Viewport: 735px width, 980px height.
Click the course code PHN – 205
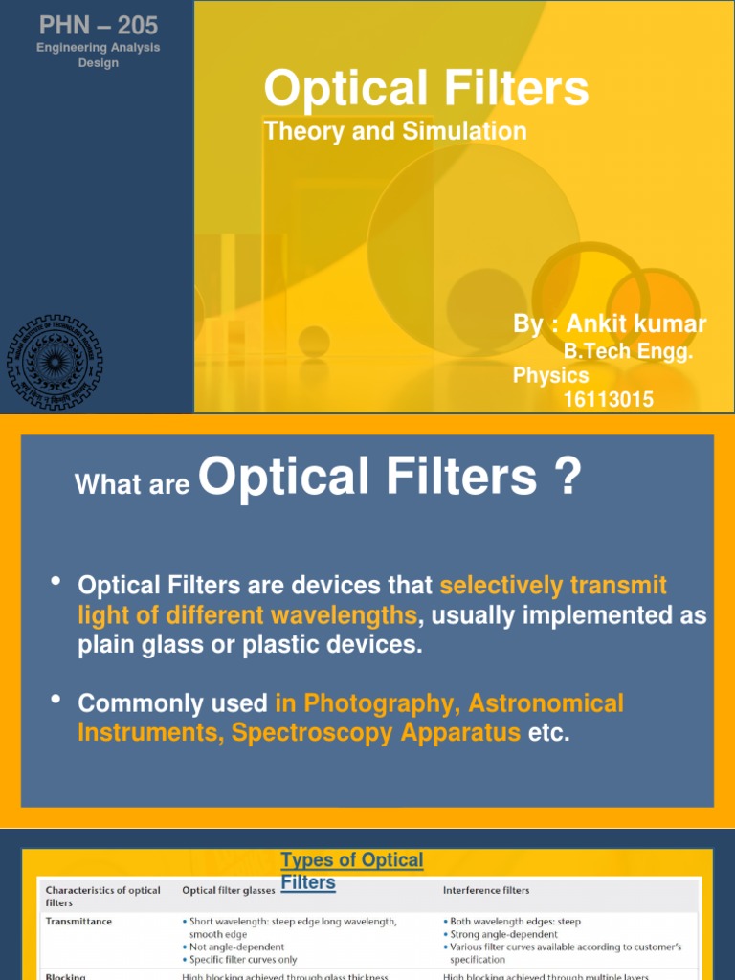tap(99, 26)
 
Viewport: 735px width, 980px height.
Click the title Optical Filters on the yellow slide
tap(426, 89)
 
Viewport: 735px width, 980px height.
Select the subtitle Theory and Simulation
tap(394, 131)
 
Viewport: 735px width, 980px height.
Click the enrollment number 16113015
tap(609, 399)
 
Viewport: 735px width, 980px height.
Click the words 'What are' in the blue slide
tap(132, 485)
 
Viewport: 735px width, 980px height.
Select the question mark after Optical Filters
tap(567, 476)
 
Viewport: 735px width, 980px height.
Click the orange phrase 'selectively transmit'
tap(553, 585)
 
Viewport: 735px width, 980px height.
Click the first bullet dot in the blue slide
tap(56, 581)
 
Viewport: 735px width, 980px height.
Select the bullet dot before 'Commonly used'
tap(56, 701)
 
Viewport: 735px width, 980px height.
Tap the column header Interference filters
tap(486, 890)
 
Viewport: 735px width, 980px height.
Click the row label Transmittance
tap(78, 922)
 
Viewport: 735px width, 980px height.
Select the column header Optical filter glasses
tap(228, 890)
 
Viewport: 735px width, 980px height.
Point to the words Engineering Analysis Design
tap(99, 56)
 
